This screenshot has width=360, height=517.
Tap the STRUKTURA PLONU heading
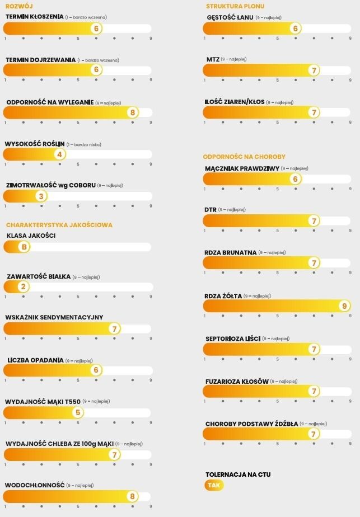[x=235, y=6]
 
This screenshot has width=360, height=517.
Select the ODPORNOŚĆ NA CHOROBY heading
[x=244, y=157]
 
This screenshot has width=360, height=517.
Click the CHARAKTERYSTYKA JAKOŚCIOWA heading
[x=59, y=225]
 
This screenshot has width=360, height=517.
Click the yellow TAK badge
[x=214, y=485]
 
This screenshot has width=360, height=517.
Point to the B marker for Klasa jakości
[x=24, y=247]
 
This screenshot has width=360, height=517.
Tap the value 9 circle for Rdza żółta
[x=344, y=306]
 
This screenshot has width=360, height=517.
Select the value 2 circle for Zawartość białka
[x=23, y=287]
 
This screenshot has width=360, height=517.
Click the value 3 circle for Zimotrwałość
[x=41, y=196]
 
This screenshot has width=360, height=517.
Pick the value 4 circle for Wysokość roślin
[x=60, y=154]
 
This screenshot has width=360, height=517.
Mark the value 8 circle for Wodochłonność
[x=133, y=496]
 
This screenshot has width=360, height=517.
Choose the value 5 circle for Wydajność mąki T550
[x=78, y=413]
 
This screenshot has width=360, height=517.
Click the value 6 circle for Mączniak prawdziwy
[x=296, y=179]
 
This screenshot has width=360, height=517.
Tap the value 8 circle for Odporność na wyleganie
[x=133, y=112]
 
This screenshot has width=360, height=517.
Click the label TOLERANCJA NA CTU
[x=238, y=474]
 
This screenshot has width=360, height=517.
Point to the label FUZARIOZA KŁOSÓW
[x=237, y=381]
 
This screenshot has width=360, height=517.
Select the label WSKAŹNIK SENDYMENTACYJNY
[x=54, y=317]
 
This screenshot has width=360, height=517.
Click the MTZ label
[x=212, y=59]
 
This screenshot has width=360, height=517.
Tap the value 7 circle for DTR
[x=314, y=221]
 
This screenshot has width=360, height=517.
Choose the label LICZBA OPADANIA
[x=35, y=360]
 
